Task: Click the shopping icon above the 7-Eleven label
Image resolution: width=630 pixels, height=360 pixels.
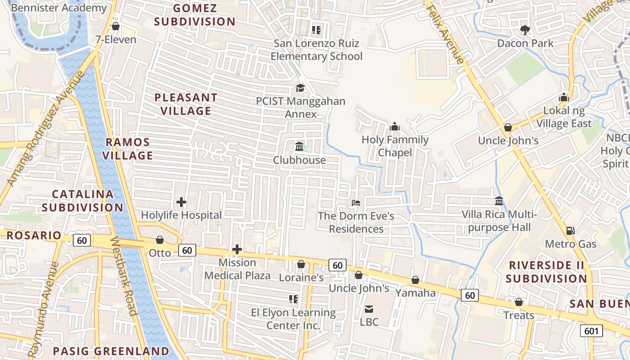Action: click(116, 27)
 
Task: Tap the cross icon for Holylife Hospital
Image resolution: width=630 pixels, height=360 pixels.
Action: click(181, 202)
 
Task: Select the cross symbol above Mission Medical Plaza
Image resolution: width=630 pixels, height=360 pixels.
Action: click(237, 249)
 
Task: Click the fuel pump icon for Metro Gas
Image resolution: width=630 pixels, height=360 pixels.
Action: click(570, 231)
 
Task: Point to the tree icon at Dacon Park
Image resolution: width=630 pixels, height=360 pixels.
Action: click(525, 30)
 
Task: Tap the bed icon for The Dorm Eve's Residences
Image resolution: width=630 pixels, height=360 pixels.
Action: click(356, 203)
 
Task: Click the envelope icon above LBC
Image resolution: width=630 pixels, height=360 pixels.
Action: click(369, 309)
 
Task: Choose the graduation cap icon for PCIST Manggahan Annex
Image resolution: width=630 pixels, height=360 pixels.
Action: click(300, 88)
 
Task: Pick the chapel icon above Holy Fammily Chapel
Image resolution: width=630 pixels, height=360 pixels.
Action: click(395, 126)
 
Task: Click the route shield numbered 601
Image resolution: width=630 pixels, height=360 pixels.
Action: click(591, 331)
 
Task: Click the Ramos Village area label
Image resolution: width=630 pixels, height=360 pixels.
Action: click(128, 149)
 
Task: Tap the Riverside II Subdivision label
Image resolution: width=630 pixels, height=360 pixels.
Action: click(546, 272)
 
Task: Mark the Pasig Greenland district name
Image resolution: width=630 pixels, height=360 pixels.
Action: click(111, 351)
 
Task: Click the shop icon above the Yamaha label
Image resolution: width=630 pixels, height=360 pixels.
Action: click(415, 280)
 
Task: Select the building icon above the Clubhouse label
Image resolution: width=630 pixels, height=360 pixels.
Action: click(299, 146)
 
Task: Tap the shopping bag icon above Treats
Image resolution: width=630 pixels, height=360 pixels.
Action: click(519, 302)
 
